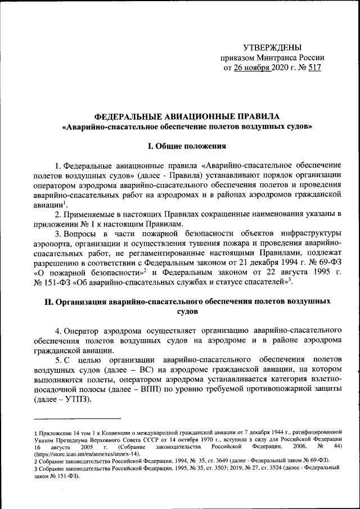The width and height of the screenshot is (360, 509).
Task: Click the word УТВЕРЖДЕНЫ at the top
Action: tap(272, 47)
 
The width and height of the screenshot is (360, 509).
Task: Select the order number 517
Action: tap(316, 68)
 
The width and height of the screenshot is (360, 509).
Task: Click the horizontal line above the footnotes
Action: tap(77, 418)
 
